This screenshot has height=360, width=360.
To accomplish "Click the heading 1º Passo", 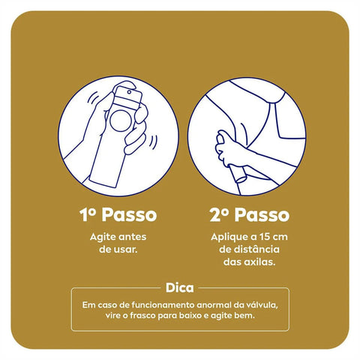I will [118, 215].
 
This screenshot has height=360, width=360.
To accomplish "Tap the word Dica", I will [180, 286].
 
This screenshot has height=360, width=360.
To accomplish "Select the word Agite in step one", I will [103, 237].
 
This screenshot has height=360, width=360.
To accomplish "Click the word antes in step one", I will [133, 237].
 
